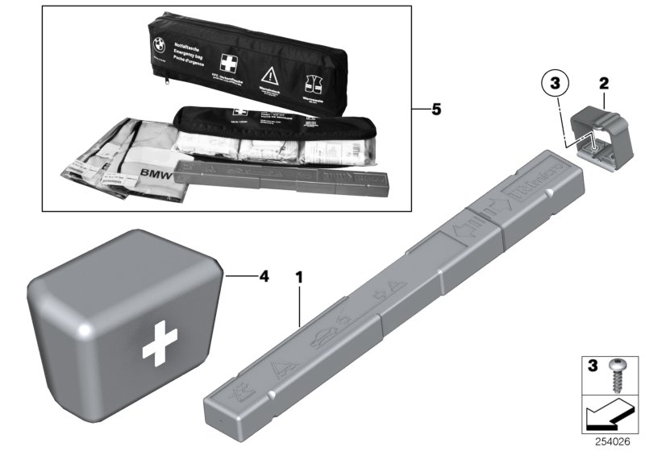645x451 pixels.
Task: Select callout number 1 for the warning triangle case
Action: point(300,278)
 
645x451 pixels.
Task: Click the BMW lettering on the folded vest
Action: point(160,173)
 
